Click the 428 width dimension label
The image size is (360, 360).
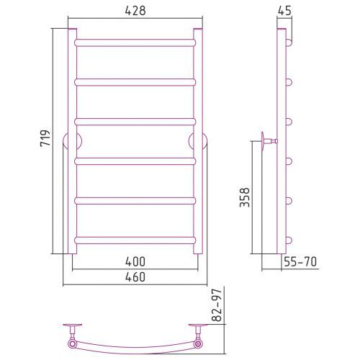click(135, 11)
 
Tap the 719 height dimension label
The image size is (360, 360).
click(45, 138)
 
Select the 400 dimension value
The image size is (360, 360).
click(135, 261)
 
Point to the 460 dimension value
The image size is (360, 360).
click(135, 277)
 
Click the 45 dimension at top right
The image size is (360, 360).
click(284, 11)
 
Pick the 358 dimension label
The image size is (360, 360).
click(245, 197)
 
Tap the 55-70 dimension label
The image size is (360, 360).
click(300, 261)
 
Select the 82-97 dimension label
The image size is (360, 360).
click(217, 305)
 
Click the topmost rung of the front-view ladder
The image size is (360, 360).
click(135, 42)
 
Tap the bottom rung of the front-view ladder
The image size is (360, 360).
click(135, 240)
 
